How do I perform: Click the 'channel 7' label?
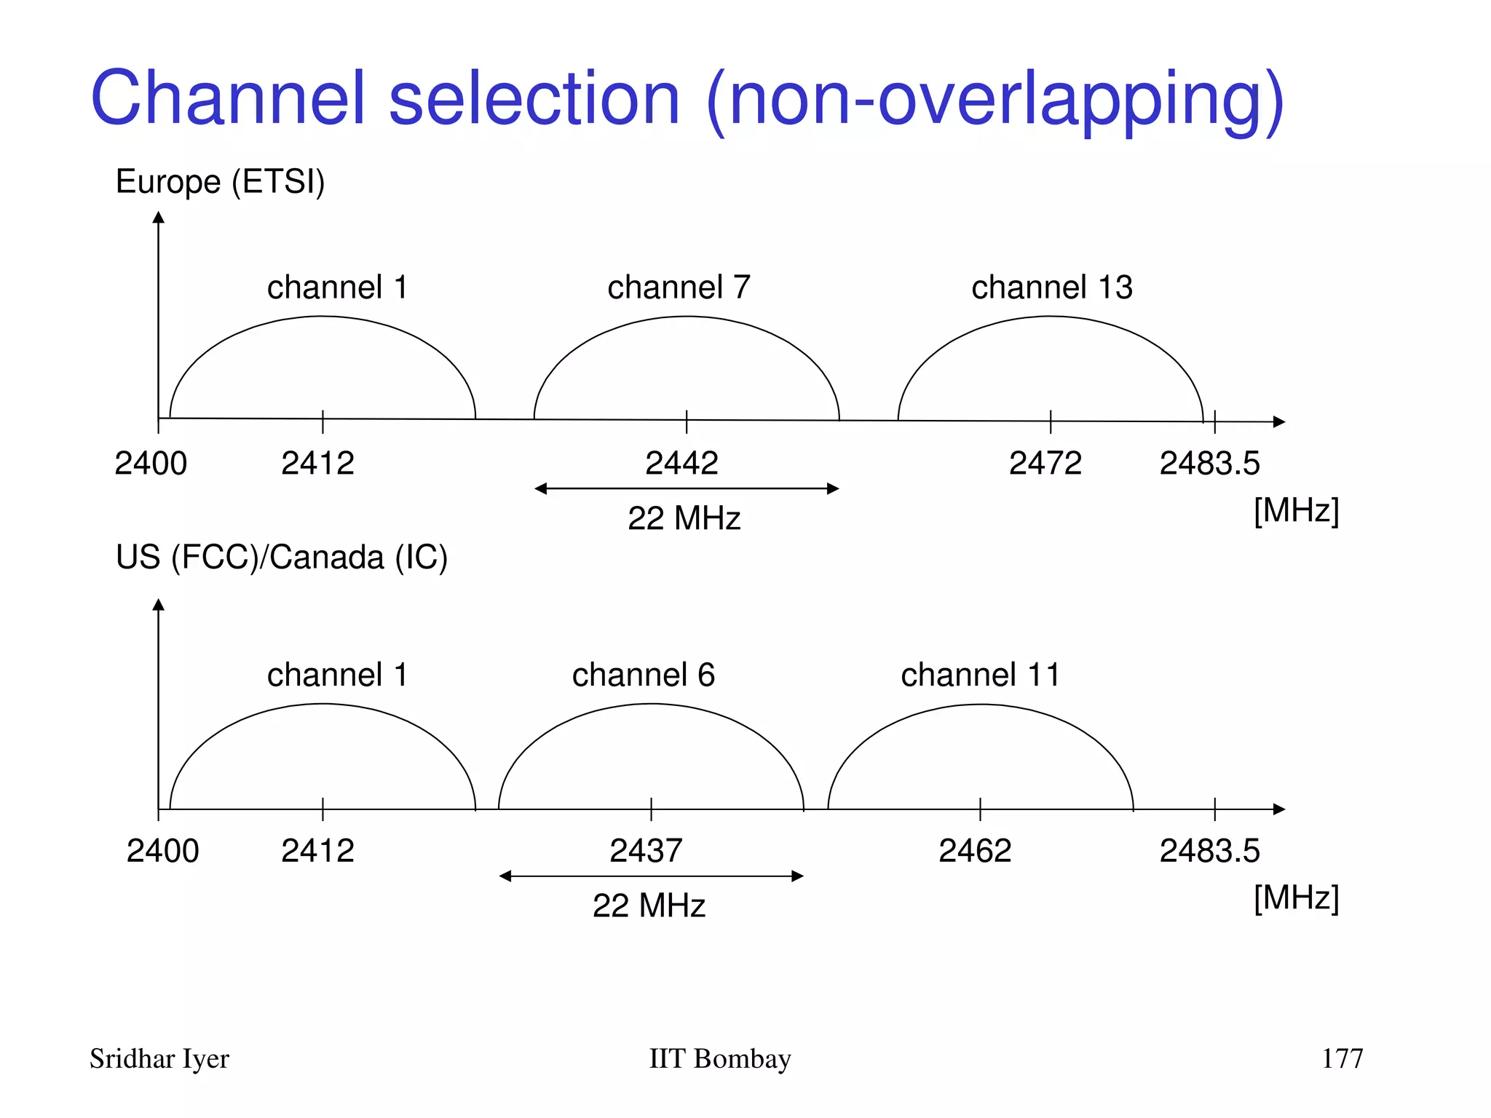pos(679,287)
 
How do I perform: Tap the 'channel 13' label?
pos(1051,287)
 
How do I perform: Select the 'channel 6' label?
pos(644,674)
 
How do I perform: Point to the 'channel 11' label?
pos(980,674)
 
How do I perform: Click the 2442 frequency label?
pos(681,463)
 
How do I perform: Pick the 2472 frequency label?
pos(1045,463)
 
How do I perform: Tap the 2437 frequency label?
pos(646,850)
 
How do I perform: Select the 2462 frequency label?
pos(975,850)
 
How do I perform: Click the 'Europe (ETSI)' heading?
pos(220,181)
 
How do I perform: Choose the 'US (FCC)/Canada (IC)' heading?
pos(281,557)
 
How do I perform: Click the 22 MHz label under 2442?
pos(684,518)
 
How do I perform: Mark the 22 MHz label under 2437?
pos(649,905)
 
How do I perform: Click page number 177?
pos(1342,1058)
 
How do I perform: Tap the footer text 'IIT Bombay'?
pos(719,1058)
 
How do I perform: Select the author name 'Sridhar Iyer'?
pos(159,1058)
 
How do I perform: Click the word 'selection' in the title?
pos(534,98)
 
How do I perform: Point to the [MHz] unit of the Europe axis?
pos(1296,510)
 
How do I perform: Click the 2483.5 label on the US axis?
pos(1209,850)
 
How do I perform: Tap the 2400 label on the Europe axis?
pos(151,463)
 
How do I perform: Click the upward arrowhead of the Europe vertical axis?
pos(159,217)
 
